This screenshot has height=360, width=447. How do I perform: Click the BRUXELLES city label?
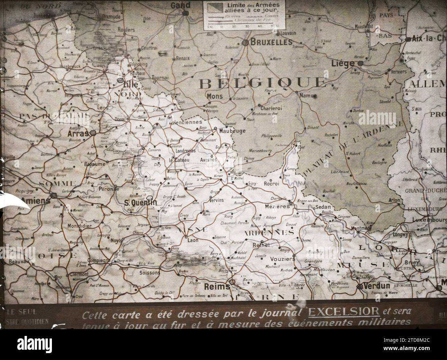point(271,42)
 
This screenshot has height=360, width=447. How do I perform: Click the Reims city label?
point(217,286)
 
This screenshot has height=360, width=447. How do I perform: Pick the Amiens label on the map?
point(36,201)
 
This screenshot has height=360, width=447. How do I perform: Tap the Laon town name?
point(193,240)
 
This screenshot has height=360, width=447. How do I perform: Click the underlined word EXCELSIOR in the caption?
point(344,312)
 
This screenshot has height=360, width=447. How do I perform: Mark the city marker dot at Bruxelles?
point(246,43)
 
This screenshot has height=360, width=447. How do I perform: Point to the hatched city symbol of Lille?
point(121,80)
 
